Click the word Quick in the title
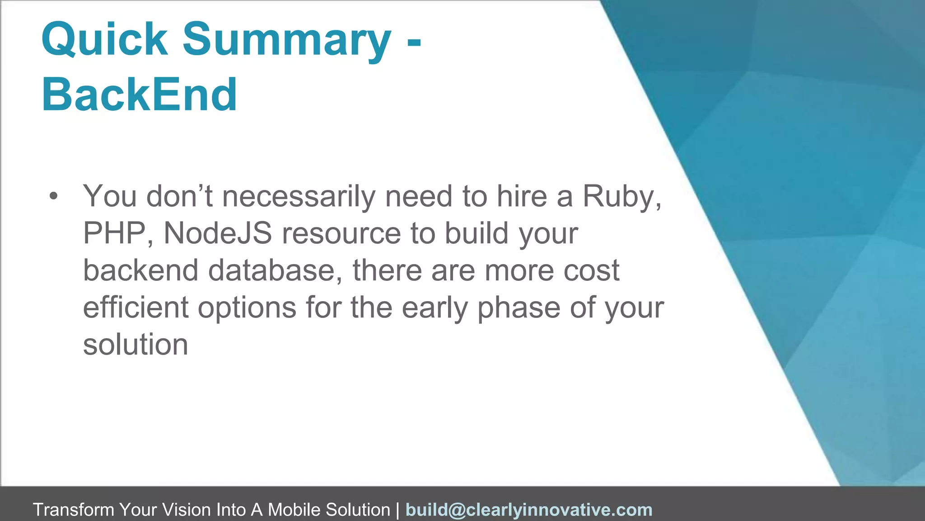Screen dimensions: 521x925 pos(104,39)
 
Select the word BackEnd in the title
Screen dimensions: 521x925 pos(139,95)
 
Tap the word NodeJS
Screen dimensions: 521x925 pos(218,234)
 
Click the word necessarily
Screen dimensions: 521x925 pos(299,197)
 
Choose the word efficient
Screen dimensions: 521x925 pos(135,308)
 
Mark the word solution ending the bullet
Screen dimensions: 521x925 pos(135,345)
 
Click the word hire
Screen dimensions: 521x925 pos(522,197)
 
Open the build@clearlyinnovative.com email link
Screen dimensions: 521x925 pos(529,510)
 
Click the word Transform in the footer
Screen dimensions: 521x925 pos(73,510)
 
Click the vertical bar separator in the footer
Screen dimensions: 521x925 pos(397,510)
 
